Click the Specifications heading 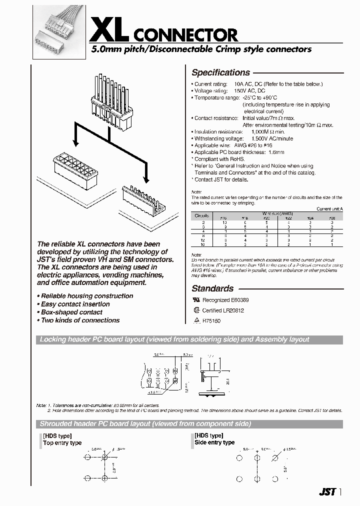(220, 72)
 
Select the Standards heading (212, 288)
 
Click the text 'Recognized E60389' (225, 300)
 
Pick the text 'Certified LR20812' (223, 310)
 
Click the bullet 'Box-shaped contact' (72, 312)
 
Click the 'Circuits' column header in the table (202, 215)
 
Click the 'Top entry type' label (62, 443)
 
